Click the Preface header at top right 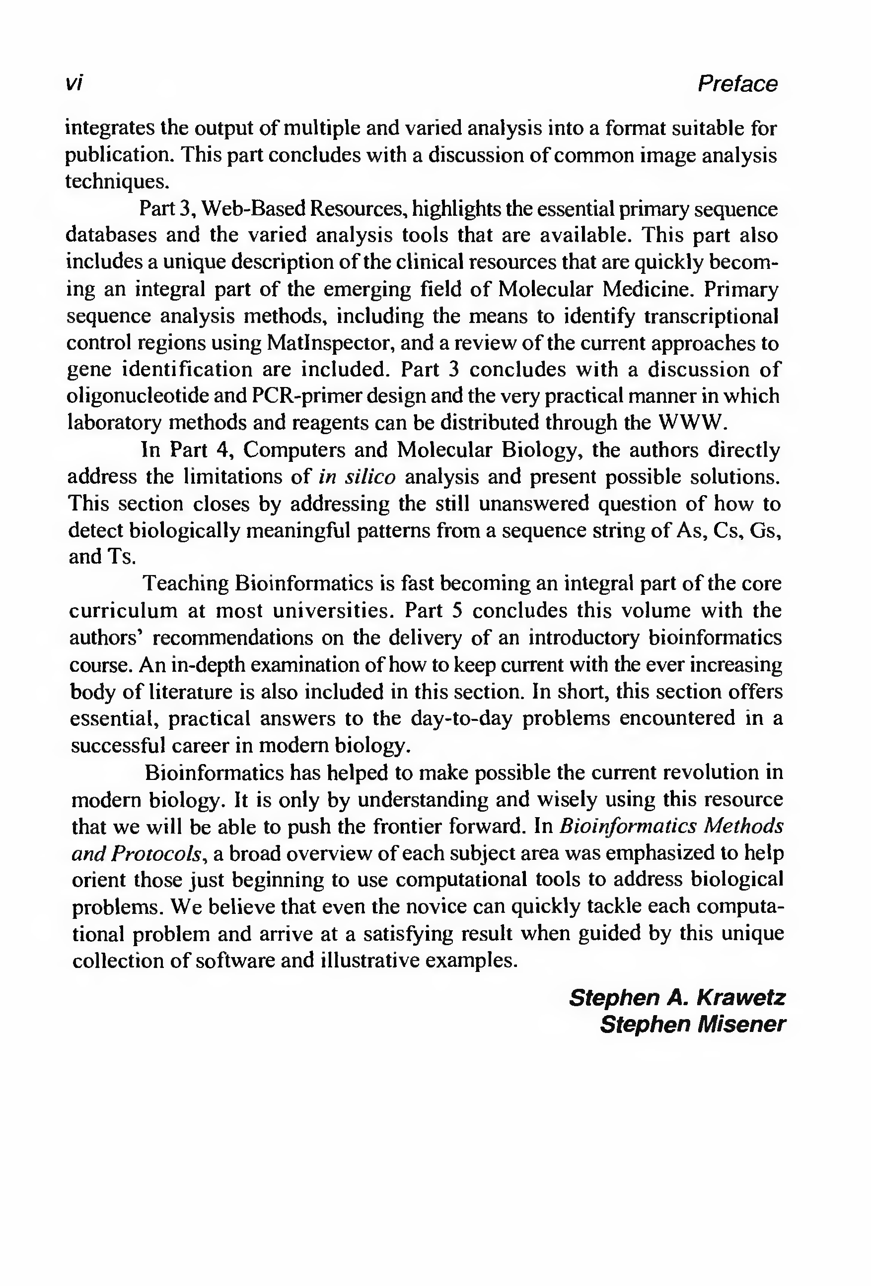coord(737,84)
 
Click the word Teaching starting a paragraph coord(186,583)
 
